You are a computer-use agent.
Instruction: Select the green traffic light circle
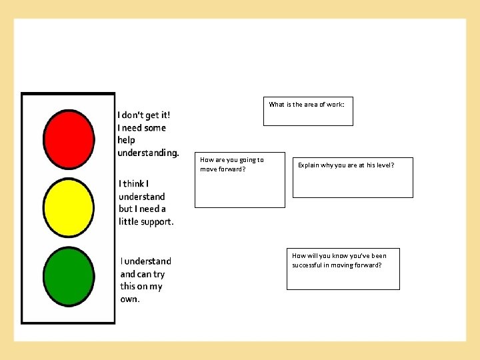pos(69,277)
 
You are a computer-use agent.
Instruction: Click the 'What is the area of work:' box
pos(308,111)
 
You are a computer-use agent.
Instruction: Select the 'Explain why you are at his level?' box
pos(353,177)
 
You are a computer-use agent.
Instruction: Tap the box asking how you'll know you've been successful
pos(343,269)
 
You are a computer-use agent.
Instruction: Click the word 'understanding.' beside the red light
pos(148,153)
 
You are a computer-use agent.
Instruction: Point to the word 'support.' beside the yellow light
pos(159,221)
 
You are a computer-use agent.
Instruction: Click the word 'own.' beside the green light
pos(130,299)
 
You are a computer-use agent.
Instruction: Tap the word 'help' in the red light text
pos(126,140)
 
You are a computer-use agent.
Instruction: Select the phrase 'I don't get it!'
pos(143,115)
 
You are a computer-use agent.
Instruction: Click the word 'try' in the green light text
pos(159,274)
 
